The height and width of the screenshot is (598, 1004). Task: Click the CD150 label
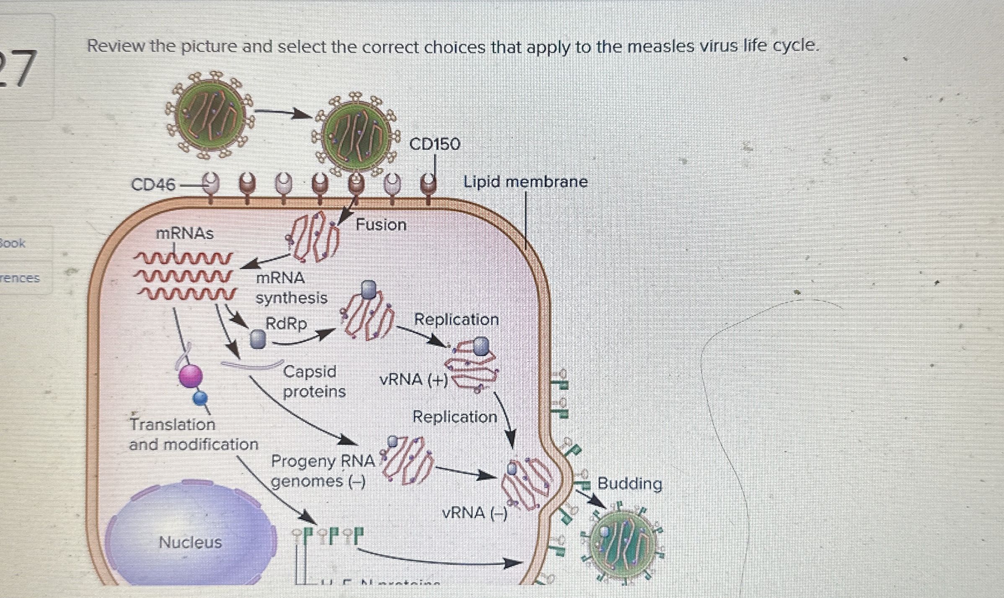coord(435,144)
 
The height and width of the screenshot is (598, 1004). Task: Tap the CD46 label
coord(153,184)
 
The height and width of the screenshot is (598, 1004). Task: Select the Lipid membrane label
coord(525,182)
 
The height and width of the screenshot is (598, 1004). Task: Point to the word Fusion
coord(381,225)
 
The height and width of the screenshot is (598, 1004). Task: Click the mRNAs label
coord(184,233)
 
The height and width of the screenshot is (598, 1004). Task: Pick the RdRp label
coord(286,324)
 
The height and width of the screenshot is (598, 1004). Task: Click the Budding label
coord(629,484)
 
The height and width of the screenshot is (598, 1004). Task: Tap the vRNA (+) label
coord(413,380)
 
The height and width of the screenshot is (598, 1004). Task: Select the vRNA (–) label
coord(474,513)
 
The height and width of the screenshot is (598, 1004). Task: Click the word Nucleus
coord(190,542)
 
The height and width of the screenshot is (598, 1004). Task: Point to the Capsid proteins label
coord(314,381)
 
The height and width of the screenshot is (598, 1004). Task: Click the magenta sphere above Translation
coord(191,376)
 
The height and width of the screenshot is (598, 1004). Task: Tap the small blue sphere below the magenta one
coord(200,397)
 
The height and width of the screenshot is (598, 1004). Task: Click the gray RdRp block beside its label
coord(258,339)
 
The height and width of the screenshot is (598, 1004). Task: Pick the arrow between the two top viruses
coord(283,113)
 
